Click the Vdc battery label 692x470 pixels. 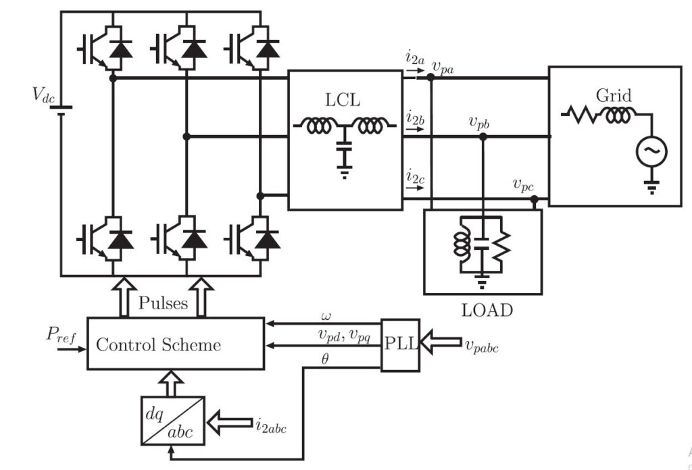[44, 95]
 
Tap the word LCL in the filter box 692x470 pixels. [343, 100]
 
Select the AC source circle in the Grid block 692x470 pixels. [651, 151]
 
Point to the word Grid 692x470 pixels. [614, 95]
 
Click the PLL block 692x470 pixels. [400, 345]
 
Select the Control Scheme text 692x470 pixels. [158, 344]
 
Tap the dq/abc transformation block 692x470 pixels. [173, 421]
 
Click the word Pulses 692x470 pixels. [163, 303]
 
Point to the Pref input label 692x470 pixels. [61, 336]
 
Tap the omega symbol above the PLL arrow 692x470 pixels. [326, 315]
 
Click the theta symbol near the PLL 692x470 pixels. [325, 359]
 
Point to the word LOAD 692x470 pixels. [487, 311]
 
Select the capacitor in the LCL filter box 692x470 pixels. [344, 147]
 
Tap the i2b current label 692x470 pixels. [416, 118]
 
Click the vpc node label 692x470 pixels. [524, 185]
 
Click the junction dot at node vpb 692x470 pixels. [483, 137]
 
